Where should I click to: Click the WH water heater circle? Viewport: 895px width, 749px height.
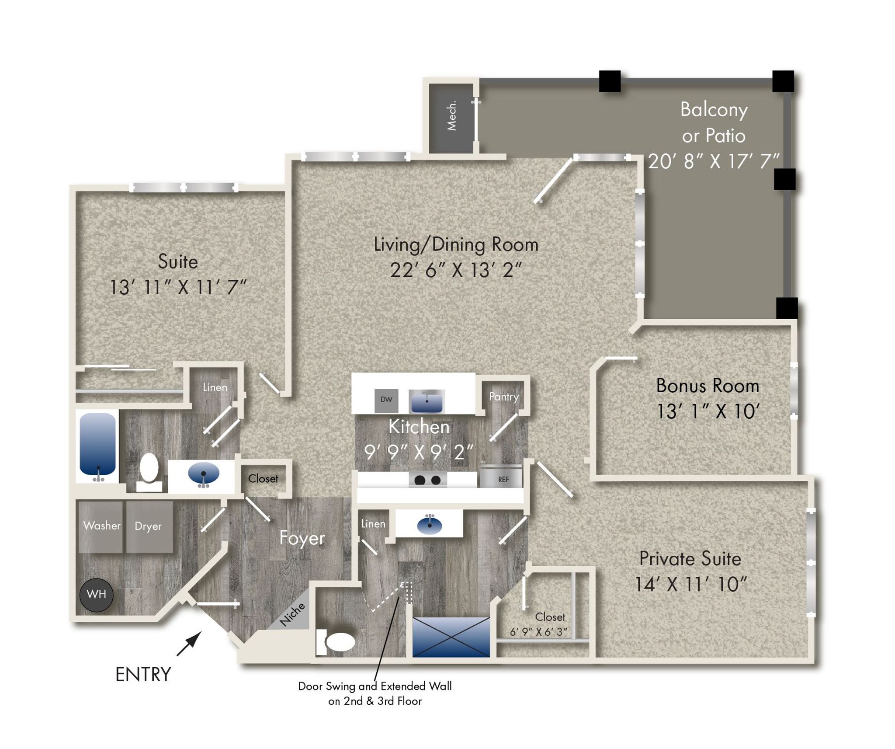click(97, 594)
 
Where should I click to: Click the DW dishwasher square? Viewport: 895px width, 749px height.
click(386, 400)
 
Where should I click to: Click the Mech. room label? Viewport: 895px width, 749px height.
click(451, 115)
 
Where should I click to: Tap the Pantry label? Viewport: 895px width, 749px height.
click(504, 397)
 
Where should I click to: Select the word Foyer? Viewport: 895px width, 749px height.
click(302, 538)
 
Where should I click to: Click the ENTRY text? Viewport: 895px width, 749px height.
click(143, 674)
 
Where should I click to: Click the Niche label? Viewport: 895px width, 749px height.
click(292, 614)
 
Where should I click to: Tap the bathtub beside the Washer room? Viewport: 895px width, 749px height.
click(98, 444)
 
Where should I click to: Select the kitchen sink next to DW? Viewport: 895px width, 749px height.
click(427, 401)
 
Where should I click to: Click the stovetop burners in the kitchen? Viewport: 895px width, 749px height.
click(427, 480)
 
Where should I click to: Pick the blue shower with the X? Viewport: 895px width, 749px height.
click(451, 637)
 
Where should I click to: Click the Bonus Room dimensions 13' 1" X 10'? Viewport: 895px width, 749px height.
click(708, 411)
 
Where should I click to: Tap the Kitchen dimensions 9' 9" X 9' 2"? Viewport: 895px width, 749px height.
click(419, 452)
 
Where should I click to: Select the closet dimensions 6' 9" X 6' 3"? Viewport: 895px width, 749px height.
click(538, 632)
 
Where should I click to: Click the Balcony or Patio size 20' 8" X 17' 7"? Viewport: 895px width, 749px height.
click(714, 161)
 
